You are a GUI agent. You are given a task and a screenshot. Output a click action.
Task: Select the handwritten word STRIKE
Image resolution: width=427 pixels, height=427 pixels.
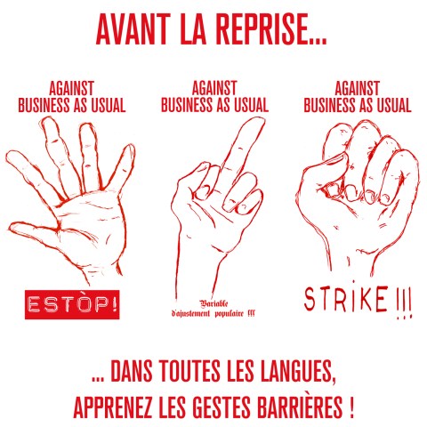coord(341,299)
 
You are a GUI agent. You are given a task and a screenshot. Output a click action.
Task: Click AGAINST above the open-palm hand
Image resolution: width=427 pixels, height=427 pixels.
coord(71,89)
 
